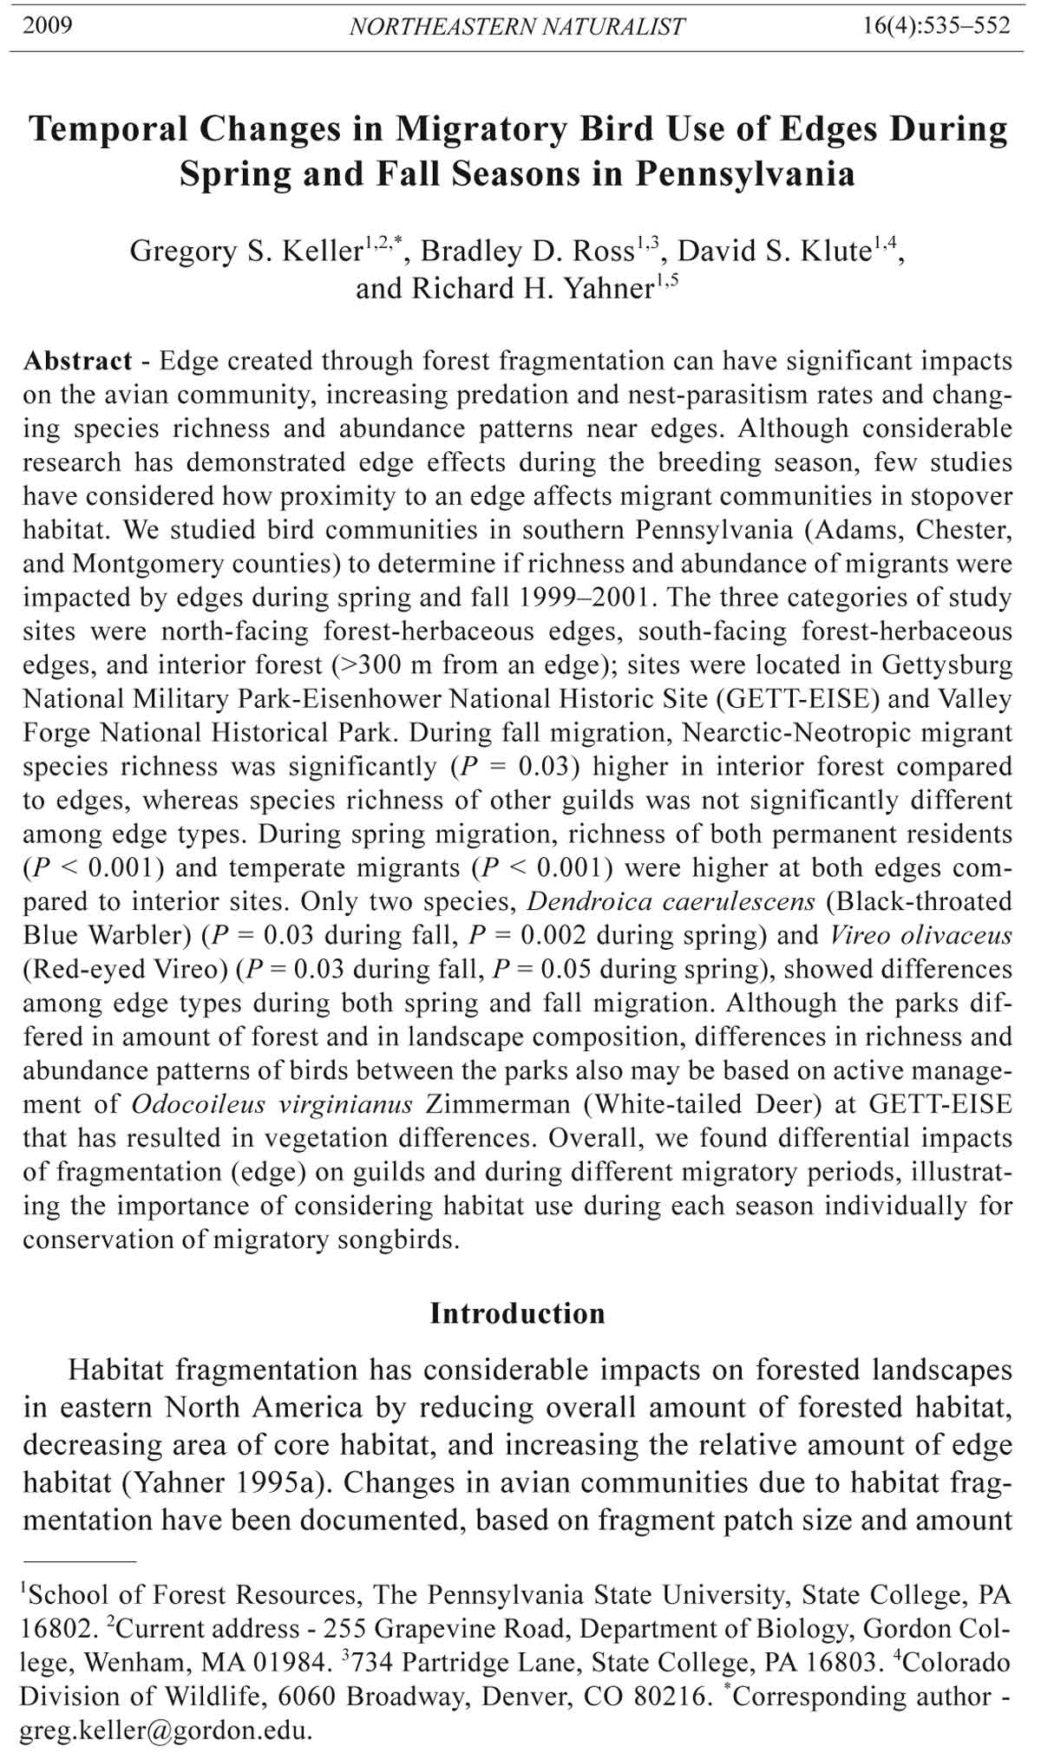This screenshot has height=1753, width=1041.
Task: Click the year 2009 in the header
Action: pyautogui.click(x=48, y=25)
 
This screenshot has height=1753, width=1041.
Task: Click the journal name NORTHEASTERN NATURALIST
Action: pyautogui.click(x=517, y=27)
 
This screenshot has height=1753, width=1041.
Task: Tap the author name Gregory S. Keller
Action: pyautogui.click(x=246, y=252)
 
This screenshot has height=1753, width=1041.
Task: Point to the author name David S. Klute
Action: pyautogui.click(x=774, y=252)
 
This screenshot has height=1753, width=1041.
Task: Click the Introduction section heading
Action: pyautogui.click(x=517, y=1313)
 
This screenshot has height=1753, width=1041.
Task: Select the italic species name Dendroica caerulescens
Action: pyautogui.click(x=671, y=902)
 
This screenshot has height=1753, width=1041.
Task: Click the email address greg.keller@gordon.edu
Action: pyautogui.click(x=164, y=1731)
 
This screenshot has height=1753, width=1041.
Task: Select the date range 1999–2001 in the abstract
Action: pyautogui.click(x=598, y=598)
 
